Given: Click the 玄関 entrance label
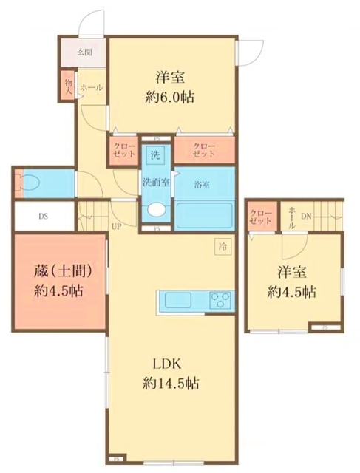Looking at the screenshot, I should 84,52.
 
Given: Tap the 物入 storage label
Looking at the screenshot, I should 68,86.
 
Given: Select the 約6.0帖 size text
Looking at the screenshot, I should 170,97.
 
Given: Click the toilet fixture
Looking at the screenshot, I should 31,183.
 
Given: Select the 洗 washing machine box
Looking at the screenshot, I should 154,155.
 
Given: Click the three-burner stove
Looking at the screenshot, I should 221,301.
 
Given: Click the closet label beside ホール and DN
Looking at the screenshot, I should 262,217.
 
